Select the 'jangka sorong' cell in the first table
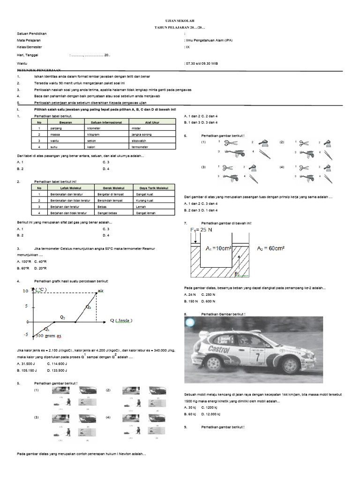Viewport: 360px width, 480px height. point(143,134)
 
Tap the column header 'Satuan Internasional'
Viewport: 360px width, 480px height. point(104,122)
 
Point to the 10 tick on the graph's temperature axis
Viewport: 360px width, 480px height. point(25,292)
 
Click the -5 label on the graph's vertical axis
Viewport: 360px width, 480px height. point(26,334)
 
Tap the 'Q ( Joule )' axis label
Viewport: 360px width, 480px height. point(121,321)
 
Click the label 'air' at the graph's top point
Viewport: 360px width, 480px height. point(100,292)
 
